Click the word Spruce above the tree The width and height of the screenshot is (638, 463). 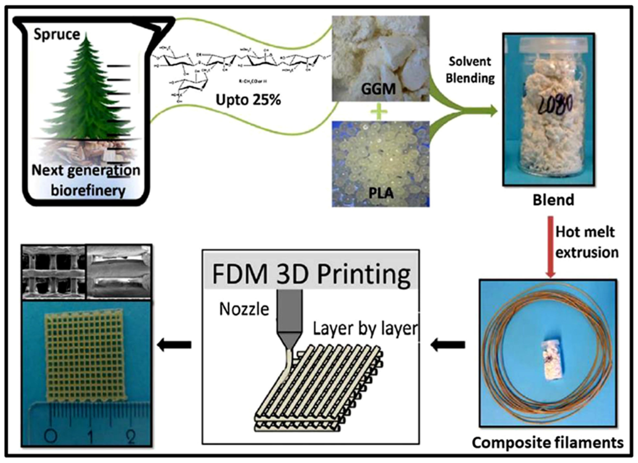[x=57, y=35]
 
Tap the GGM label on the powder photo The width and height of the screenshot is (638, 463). [x=378, y=89]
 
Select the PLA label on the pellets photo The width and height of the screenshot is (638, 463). [x=381, y=193]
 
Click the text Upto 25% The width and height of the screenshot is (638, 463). [x=248, y=100]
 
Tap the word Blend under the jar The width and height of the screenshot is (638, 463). [x=553, y=200]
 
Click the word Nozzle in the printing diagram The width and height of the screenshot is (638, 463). [x=244, y=309]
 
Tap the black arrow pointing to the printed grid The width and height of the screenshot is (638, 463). [x=174, y=344]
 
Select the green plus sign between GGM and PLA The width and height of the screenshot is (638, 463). [x=379, y=112]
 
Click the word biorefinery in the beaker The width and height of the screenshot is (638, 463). [x=88, y=191]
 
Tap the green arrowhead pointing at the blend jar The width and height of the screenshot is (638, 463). [x=492, y=110]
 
